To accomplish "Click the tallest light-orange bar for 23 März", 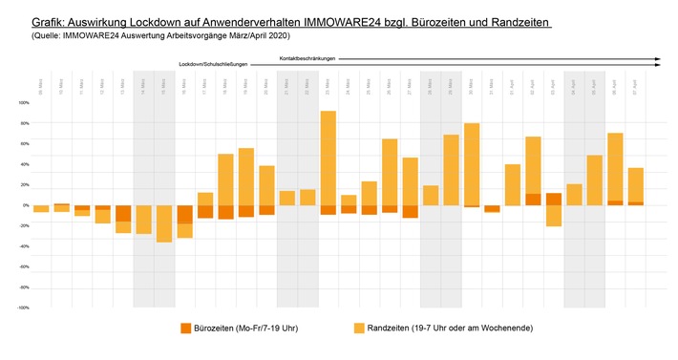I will pyautogui.click(x=328, y=158).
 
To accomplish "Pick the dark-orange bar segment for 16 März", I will pyautogui.click(x=184, y=215).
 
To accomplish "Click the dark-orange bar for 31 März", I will pyautogui.click(x=492, y=208).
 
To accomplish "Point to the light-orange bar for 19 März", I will pyautogui.click(x=245, y=177).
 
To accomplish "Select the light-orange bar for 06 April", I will pyautogui.click(x=615, y=166).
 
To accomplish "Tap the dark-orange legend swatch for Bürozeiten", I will pyautogui.click(x=188, y=328).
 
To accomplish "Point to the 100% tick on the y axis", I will pyautogui.click(x=23, y=102).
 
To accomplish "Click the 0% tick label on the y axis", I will pyautogui.click(x=25, y=205).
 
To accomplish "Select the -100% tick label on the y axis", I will pyautogui.click(x=23, y=308).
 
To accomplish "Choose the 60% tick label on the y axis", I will pyautogui.click(x=24, y=143).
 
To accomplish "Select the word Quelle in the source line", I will pyautogui.click(x=35, y=34).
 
